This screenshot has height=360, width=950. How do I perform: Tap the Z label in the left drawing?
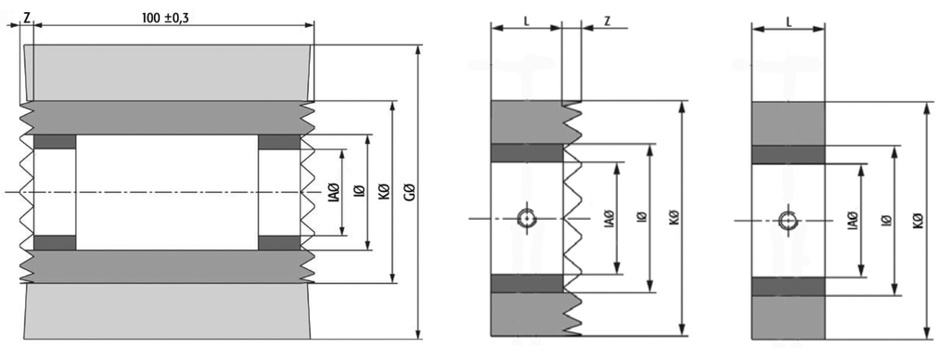coord(27,17)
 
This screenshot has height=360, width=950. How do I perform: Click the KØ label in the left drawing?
coord(383,192)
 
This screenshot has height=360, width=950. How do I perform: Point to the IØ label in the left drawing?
coord(359,192)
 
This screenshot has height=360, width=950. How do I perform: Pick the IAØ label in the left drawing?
coord(333,192)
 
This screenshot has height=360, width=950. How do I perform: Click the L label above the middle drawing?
coord(527,21)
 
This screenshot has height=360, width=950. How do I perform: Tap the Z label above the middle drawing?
coord(607,21)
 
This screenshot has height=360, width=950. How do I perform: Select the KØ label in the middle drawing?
coord(674,217)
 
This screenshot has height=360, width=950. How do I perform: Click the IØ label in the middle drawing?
coord(642,217)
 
